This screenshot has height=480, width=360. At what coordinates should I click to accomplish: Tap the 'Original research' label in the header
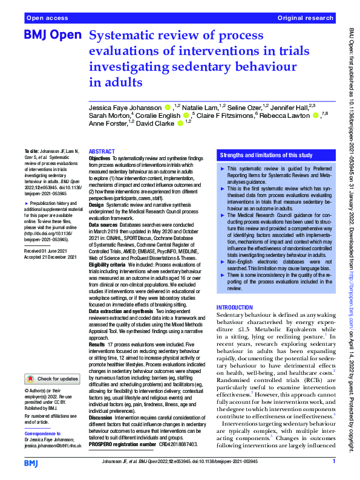(306, 19)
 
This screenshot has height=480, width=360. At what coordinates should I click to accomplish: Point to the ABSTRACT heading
(102, 152)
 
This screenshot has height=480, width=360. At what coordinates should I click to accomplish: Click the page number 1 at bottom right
(333, 461)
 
